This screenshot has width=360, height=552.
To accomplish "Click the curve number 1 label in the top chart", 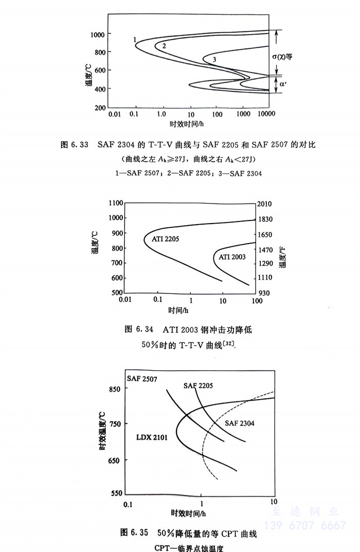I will pyautogui.click(x=134, y=40).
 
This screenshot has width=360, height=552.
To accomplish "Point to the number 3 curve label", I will pyautogui.click(x=213, y=60).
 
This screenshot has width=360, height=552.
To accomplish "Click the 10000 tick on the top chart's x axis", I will pyautogui.click(x=266, y=114).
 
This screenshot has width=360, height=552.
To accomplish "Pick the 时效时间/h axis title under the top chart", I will pyautogui.click(x=188, y=124).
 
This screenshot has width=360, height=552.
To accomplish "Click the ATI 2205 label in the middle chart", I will pyautogui.click(x=166, y=239).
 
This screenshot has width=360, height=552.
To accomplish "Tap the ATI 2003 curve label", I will pyautogui.click(x=232, y=256).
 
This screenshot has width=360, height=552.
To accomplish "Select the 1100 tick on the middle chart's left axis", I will pyautogui.click(x=116, y=204).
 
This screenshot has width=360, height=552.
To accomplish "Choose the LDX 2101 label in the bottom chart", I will pyautogui.click(x=152, y=437).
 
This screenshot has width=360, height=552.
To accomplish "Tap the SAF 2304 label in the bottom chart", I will pyautogui.click(x=240, y=423).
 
